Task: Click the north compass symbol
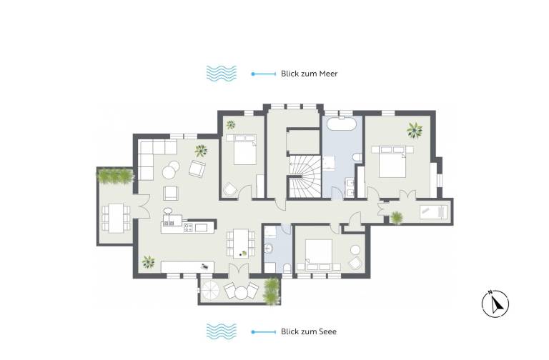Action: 495,304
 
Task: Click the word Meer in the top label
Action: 327,74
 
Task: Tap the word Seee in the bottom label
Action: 327,331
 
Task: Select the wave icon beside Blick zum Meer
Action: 222,74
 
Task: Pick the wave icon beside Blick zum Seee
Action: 222,331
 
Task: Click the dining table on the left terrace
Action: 116,219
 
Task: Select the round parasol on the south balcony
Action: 210,291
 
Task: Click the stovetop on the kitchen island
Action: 189,228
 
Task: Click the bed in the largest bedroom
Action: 392,161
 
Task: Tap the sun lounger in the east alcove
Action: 433,211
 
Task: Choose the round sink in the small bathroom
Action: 269,248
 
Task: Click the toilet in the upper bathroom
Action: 357,158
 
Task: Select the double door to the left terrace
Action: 144,207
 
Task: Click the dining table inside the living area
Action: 241,243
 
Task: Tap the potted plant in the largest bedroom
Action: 415,130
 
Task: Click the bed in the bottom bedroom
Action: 319,255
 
